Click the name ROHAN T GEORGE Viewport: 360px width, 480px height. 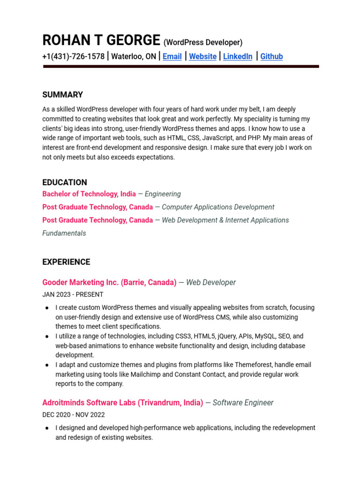click(101, 41)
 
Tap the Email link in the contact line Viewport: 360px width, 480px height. click(172, 57)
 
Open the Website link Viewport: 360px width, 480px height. click(202, 57)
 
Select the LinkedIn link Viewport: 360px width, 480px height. click(238, 57)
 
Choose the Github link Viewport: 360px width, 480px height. click(271, 57)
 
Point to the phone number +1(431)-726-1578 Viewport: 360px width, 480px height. click(73, 57)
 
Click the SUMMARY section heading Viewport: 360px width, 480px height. click(62, 95)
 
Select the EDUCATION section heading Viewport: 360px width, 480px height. click(65, 182)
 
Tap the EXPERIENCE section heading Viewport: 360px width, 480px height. click(66, 262)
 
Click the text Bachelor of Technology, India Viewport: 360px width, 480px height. click(89, 194)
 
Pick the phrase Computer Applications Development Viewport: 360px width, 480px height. click(218, 207)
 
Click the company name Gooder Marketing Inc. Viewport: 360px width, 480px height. click(81, 283)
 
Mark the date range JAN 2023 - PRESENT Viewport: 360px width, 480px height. click(73, 295)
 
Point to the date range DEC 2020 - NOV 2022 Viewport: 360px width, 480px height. click(74, 415)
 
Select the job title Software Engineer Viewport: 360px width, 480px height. click(243, 403)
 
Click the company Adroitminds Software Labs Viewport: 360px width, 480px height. click(89, 403)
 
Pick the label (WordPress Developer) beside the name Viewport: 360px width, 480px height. click(203, 43)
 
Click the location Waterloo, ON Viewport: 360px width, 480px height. click(134, 57)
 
